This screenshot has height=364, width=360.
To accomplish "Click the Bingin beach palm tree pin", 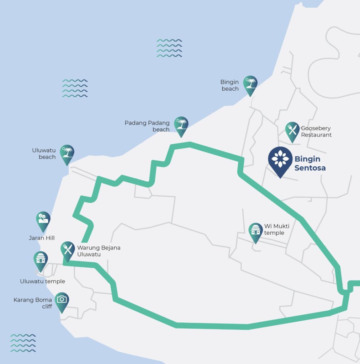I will pyautogui.click(x=250, y=84).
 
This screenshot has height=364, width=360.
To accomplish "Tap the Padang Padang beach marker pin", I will pyautogui.click(x=181, y=125).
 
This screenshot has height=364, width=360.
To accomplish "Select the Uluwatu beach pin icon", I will pyautogui.click(x=67, y=153).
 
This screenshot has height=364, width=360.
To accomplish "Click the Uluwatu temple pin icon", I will pyautogui.click(x=41, y=260).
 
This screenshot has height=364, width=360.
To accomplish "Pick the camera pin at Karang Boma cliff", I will pyautogui.click(x=62, y=301).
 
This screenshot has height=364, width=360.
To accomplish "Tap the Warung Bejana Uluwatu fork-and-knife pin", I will pyautogui.click(x=67, y=250).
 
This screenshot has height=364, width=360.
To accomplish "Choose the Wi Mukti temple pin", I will pyautogui.click(x=255, y=231).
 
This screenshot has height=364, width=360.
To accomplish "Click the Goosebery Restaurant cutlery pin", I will pyautogui.click(x=292, y=130).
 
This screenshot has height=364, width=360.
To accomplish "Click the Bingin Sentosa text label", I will pyautogui.click(x=310, y=163).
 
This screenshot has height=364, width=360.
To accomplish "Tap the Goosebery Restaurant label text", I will pyautogui.click(x=316, y=132).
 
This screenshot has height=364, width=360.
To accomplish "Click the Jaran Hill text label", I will pyautogui.click(x=42, y=238).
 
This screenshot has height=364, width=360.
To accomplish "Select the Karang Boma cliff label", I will pyautogui.click(x=33, y=303).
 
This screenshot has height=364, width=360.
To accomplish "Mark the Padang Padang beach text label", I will pyautogui.click(x=147, y=126).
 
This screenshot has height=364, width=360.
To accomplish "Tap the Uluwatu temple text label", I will pyautogui.click(x=42, y=281).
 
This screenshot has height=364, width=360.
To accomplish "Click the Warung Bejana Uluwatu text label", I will pyautogui.click(x=99, y=251).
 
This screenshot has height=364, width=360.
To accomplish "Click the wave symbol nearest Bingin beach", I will pyautogui.click(x=169, y=48).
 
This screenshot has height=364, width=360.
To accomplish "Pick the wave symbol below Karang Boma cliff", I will pyautogui.click(x=23, y=343).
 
